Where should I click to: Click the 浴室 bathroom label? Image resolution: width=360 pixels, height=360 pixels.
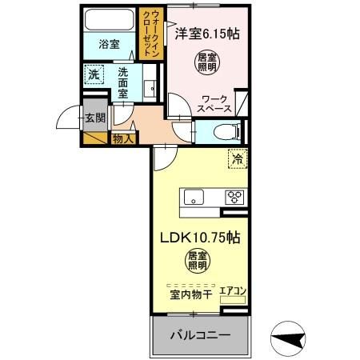coord(110,45)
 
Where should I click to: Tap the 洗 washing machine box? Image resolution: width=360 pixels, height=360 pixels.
coord(94,74)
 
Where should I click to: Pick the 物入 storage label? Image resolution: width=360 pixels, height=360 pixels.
coord(124,139)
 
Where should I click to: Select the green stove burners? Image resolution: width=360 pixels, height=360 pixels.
coord(234,197)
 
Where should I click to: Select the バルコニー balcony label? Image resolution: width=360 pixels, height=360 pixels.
coord(200,333)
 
